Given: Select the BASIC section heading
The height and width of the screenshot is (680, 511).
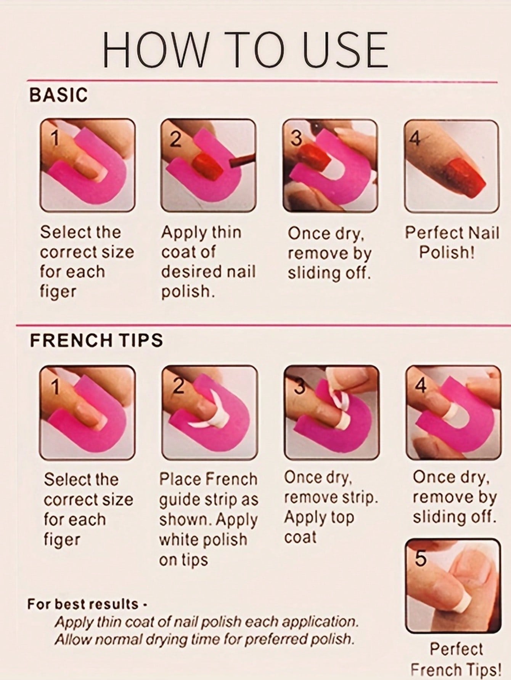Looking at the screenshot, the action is pyautogui.click(x=58, y=95).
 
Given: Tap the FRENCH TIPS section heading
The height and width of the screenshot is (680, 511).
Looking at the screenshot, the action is pyautogui.click(x=96, y=340).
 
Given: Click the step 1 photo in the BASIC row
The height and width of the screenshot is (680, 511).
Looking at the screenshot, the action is pyautogui.click(x=88, y=165).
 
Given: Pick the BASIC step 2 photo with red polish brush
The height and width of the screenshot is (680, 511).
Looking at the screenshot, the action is pyautogui.click(x=208, y=165).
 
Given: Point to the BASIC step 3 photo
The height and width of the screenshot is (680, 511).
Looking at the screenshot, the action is pyautogui.click(x=330, y=165).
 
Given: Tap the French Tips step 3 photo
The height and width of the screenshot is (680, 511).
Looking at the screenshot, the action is pyautogui.click(x=331, y=412).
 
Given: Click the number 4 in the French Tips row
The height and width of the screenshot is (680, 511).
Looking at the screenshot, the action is pyautogui.click(x=421, y=387).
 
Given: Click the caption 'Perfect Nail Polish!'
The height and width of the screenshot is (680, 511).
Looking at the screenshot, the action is pyautogui.click(x=452, y=242).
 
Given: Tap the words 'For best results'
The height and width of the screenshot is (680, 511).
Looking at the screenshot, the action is pyautogui.click(x=83, y=604).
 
